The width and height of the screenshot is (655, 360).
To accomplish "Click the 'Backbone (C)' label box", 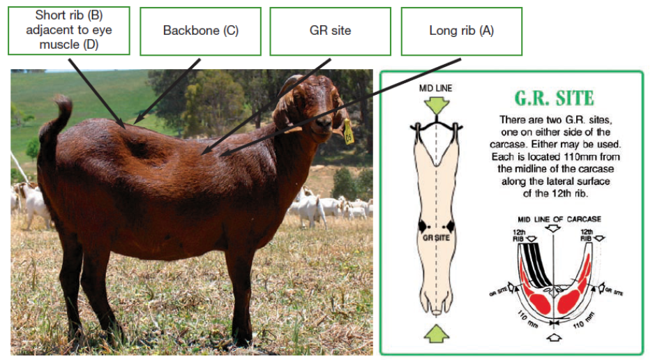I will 200,31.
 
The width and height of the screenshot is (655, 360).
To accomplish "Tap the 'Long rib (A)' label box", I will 461,31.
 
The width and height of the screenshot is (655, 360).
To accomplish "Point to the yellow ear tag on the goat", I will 348,132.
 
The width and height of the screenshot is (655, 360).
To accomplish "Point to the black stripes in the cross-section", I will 537,266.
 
